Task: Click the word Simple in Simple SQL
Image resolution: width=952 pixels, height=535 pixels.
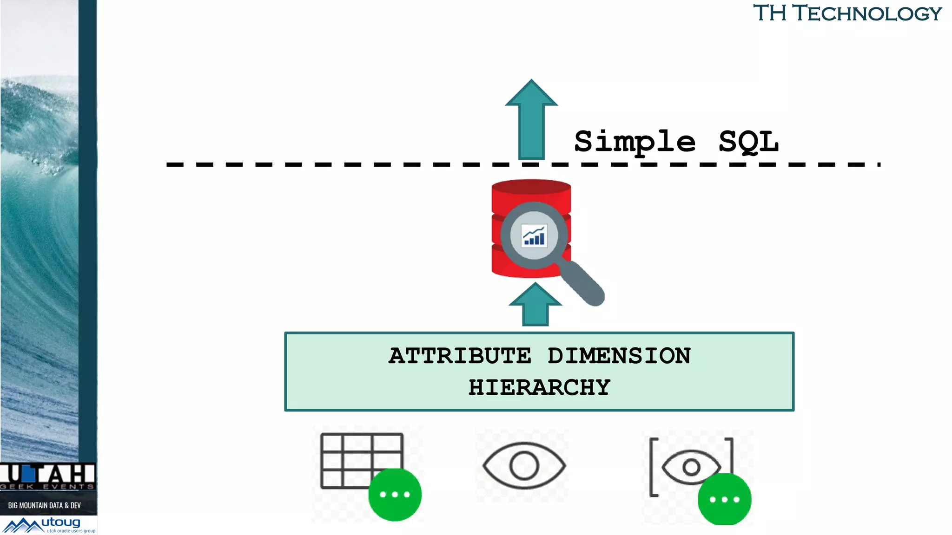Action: (635, 142)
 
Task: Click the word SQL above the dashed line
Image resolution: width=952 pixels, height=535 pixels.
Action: (748, 142)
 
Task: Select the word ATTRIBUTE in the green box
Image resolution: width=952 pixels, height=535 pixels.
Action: (460, 356)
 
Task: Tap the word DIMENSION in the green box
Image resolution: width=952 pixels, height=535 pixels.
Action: (619, 356)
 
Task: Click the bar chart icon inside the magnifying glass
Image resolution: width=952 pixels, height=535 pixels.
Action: (534, 236)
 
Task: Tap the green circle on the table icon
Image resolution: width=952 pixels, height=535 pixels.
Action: (395, 495)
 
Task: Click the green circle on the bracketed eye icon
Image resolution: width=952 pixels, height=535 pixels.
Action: (724, 500)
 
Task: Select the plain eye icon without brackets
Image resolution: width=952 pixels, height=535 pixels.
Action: (524, 465)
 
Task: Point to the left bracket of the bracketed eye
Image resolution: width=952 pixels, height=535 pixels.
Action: (653, 467)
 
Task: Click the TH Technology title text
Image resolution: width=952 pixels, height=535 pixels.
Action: (847, 13)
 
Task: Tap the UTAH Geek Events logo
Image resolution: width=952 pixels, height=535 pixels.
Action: (47, 476)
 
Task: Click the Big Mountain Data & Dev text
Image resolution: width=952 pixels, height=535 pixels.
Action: (45, 505)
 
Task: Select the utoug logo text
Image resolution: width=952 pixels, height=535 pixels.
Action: (61, 522)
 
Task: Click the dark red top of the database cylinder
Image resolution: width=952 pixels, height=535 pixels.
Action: (531, 187)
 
